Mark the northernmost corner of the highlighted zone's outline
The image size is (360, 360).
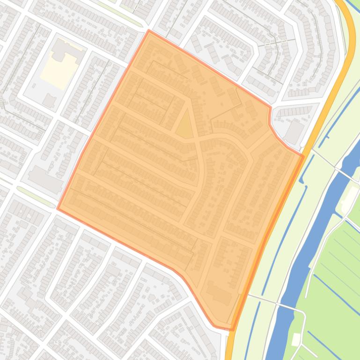click(149, 30)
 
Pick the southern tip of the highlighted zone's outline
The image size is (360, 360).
click(231, 330)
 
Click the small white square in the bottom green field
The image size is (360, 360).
click(296, 339)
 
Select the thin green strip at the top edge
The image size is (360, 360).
click(119, 14)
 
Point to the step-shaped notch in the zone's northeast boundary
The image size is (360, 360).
click(270, 117)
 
